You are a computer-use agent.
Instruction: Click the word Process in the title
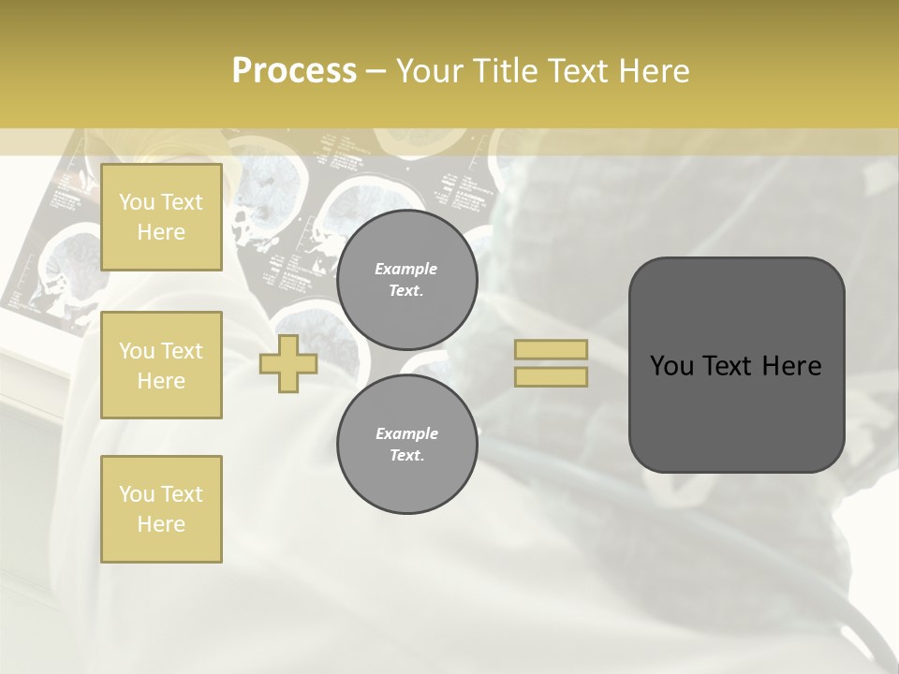tap(294, 71)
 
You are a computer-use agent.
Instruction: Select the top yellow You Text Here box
tap(161, 217)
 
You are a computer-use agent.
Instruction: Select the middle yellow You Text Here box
tap(161, 365)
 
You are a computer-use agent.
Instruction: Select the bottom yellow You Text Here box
tap(161, 508)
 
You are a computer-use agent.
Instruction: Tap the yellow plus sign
tap(288, 363)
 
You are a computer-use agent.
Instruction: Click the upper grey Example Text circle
tap(406, 280)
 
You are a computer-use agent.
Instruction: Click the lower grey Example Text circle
tap(406, 444)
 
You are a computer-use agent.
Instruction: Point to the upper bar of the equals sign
tap(551, 349)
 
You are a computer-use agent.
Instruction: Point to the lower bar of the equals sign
tap(551, 376)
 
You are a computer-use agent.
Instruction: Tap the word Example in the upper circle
tap(406, 269)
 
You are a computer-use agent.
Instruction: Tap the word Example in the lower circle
tap(406, 433)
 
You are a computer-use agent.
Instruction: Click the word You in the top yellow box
tap(137, 202)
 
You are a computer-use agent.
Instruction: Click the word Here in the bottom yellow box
tap(161, 524)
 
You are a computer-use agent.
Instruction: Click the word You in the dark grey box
tap(671, 366)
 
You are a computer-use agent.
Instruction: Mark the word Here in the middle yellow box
tap(161, 381)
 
